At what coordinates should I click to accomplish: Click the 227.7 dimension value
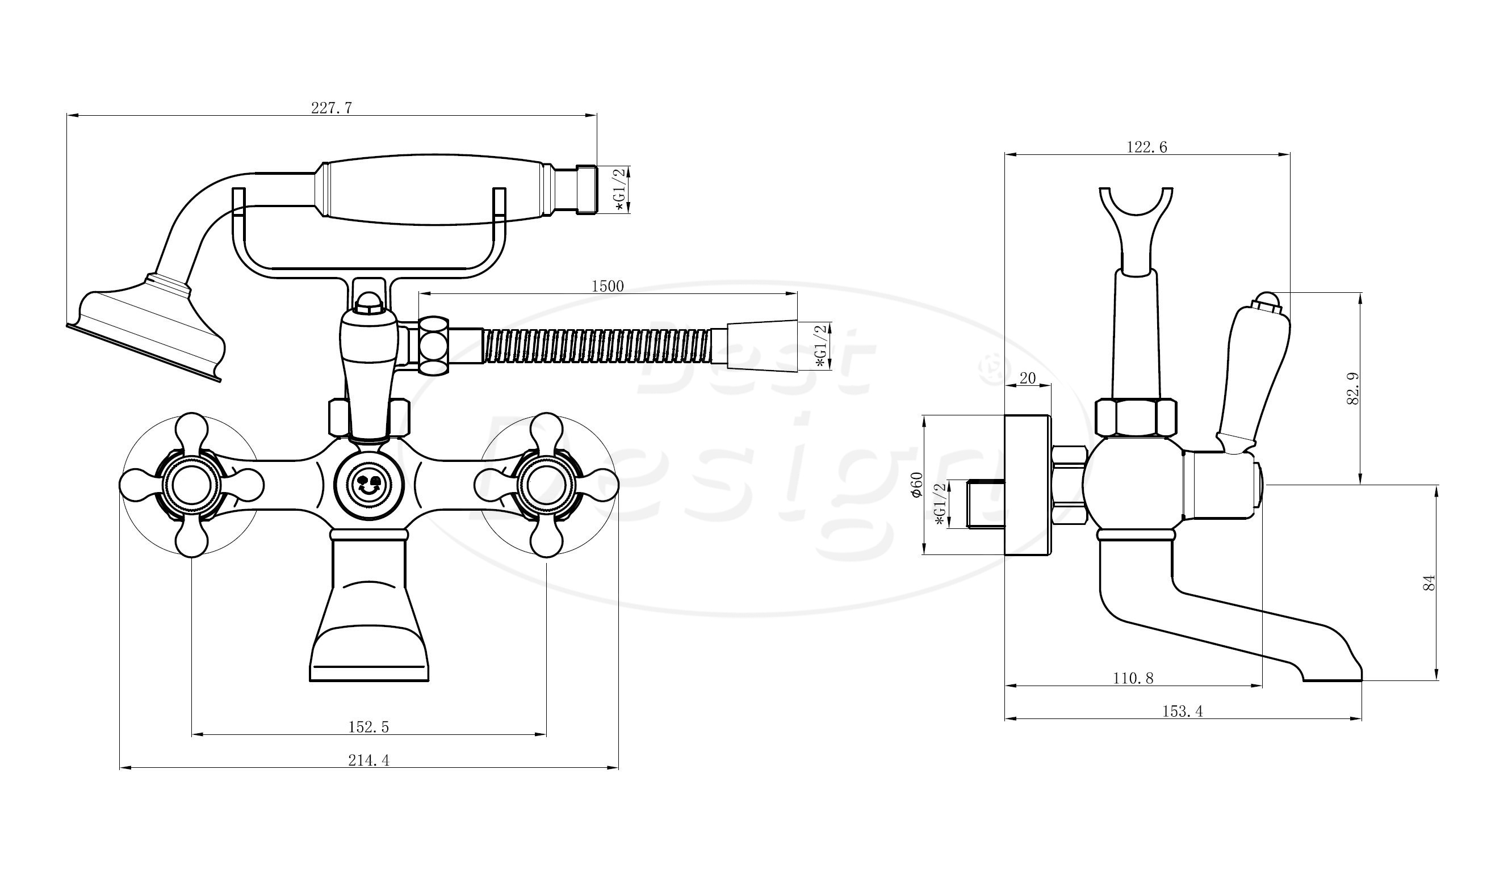(331, 108)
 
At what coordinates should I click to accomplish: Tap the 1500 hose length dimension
(608, 285)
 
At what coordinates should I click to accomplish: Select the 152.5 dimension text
(368, 726)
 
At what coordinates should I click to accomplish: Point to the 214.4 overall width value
(368, 760)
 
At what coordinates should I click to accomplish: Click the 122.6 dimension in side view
(1147, 146)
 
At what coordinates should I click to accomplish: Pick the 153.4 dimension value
(1182, 711)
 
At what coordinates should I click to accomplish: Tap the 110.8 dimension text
(1133, 678)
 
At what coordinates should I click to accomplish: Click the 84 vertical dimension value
(1429, 583)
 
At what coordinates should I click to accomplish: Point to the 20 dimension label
(1027, 378)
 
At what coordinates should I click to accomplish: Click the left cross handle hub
(191, 485)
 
